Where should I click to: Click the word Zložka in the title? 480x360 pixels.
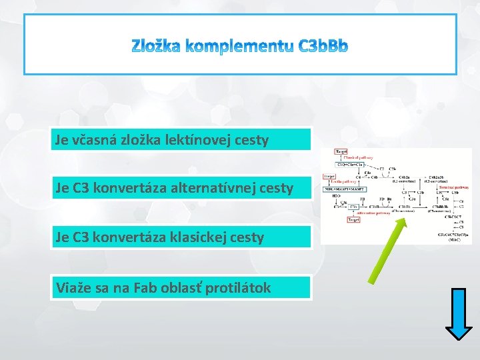click(x=155, y=46)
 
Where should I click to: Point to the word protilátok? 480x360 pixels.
click(x=240, y=287)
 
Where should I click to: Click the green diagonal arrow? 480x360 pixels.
click(x=389, y=250)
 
